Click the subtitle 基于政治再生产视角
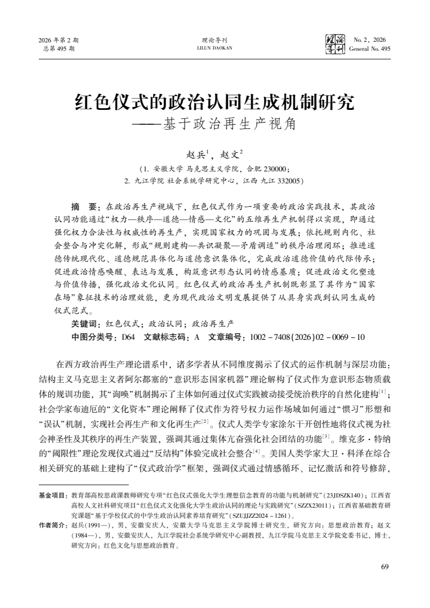coord(229,125)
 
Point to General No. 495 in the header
coord(370,48)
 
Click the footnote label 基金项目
coord(53,496)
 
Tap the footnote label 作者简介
coord(53,524)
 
